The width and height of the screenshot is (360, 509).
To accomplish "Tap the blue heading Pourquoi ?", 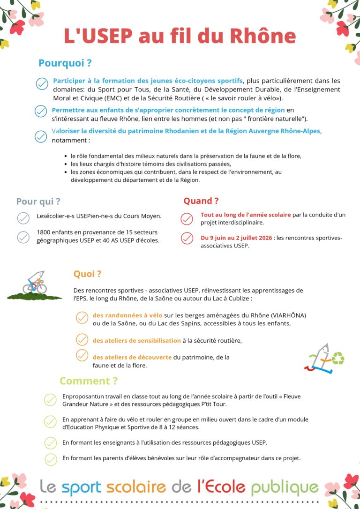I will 65,63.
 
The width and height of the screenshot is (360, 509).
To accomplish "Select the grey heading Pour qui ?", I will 38,202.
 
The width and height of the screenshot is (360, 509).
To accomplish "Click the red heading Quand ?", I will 201,201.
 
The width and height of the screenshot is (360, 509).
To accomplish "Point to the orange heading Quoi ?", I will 87,274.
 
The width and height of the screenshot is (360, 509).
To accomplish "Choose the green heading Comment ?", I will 89,381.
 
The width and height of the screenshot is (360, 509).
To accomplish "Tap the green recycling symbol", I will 338,359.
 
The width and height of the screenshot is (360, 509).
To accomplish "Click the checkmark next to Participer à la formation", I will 42,84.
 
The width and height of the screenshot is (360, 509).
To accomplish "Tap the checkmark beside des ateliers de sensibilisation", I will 82,340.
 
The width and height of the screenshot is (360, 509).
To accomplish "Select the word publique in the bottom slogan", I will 285,487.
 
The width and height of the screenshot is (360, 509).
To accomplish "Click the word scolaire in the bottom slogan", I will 136,487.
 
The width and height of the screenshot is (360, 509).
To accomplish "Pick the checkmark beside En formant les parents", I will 51,458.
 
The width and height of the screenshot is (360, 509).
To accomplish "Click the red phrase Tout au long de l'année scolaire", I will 246,215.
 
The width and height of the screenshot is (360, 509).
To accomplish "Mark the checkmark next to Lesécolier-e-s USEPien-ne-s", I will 23,217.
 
